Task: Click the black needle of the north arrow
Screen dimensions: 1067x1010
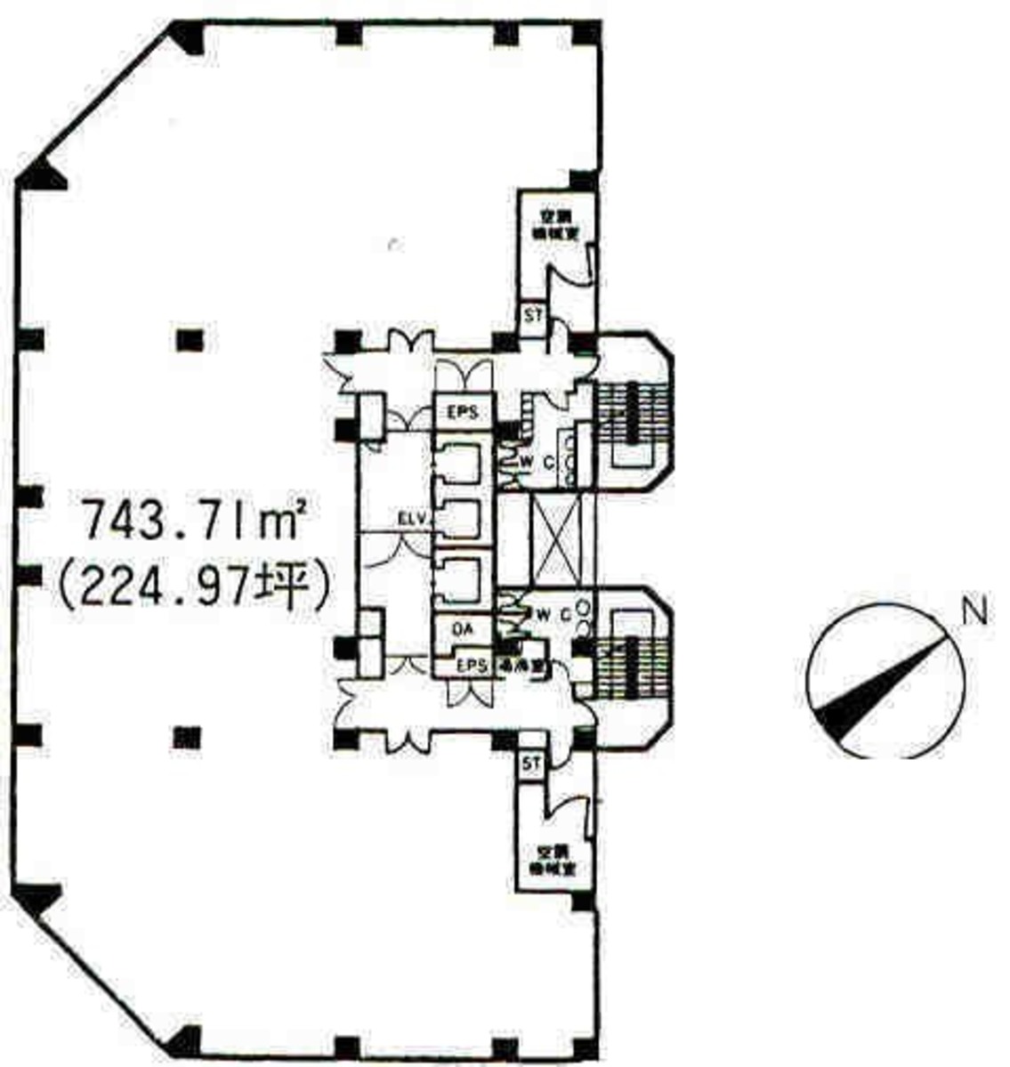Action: click(877, 685)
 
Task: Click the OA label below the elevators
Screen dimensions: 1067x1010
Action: click(463, 629)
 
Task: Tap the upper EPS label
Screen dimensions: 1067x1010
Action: click(463, 412)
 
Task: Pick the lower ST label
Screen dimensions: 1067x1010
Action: click(532, 764)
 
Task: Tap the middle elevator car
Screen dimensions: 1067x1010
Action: click(459, 519)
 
